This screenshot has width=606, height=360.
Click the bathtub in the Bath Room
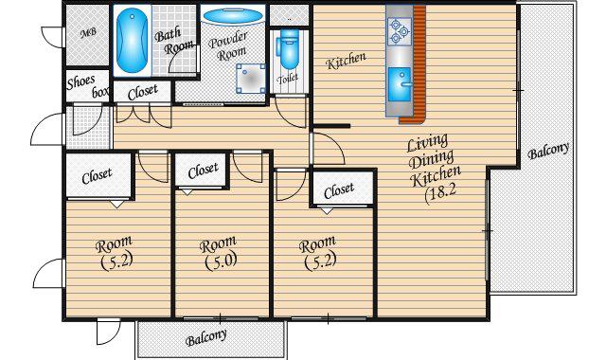click(x=132, y=41)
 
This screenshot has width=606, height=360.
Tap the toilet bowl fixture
click(x=288, y=49)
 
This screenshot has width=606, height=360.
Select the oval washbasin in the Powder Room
click(x=233, y=16)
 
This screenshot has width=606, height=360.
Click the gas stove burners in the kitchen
click(x=400, y=31)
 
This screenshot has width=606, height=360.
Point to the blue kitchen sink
click(x=400, y=84)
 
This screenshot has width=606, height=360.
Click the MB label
click(x=88, y=33)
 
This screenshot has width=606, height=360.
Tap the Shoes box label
click(x=87, y=86)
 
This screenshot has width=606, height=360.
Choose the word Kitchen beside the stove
click(x=346, y=61)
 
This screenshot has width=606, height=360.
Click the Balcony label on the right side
click(x=548, y=151)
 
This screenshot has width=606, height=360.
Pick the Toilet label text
click(x=288, y=79)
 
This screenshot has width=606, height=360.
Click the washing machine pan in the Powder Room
click(x=251, y=80)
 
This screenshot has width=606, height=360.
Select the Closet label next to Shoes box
click(x=143, y=92)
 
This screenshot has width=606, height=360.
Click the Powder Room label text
click(x=229, y=45)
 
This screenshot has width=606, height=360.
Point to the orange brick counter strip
click(x=418, y=63)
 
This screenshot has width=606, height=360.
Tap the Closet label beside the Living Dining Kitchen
click(x=339, y=190)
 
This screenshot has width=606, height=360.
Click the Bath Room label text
click(x=172, y=41)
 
